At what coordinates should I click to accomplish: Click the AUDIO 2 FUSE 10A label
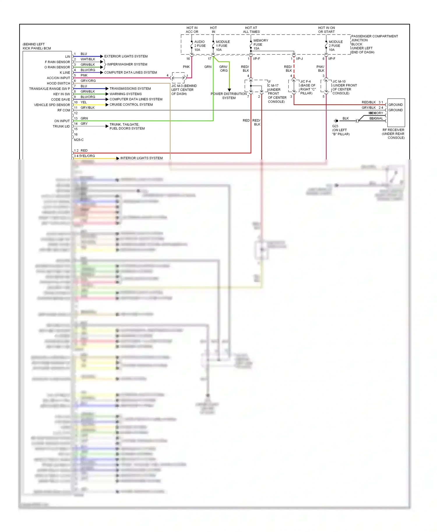200,46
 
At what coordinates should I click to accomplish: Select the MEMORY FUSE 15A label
260,45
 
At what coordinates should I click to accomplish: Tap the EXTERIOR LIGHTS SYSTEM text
126,56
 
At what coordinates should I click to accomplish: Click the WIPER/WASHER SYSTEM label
127,64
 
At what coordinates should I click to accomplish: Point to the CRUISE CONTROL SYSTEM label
131,104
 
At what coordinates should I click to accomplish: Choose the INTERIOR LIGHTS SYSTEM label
141,158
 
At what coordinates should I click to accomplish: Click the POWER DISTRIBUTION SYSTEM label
229,96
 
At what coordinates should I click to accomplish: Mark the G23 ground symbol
336,120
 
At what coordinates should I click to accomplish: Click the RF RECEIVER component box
396,113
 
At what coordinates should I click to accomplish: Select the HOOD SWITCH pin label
58,83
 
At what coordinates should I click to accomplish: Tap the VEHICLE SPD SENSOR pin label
52,105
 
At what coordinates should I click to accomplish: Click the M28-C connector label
79,140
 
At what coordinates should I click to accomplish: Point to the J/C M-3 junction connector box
178,78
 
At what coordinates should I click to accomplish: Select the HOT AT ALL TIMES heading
251,30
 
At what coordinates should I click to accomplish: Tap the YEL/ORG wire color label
87,156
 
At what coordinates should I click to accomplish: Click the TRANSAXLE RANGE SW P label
50,89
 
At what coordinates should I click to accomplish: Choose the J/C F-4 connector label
307,87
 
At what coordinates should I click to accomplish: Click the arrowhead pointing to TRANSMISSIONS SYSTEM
107,88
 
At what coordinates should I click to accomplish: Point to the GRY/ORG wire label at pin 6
88,81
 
